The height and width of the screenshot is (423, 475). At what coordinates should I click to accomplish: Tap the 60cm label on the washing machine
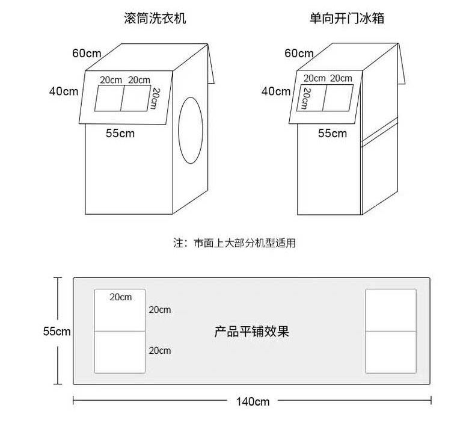87,53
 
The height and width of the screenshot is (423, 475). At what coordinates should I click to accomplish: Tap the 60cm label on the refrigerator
299,53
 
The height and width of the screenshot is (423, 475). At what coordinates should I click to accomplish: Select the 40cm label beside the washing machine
64,91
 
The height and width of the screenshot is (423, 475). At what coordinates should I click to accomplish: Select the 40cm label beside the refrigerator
276,91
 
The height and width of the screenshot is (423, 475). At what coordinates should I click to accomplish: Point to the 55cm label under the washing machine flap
120,134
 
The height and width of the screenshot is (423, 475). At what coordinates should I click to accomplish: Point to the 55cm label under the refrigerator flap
332,134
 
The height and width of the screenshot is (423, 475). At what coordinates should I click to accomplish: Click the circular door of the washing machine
192,129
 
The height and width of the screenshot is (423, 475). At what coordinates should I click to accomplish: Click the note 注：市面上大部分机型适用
234,244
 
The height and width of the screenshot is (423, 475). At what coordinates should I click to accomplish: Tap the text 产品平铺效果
252,332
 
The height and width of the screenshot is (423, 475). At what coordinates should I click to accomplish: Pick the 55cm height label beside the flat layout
57,332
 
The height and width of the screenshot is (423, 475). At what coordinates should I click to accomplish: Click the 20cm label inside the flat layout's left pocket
121,297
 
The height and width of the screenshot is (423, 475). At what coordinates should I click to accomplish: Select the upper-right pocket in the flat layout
391,310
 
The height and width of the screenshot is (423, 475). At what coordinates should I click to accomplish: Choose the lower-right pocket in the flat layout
391,352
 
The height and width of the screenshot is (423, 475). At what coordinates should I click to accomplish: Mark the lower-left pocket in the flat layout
120,352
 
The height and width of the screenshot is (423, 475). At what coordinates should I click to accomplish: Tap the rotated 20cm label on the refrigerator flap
305,99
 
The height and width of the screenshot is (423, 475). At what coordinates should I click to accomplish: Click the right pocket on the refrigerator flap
337,97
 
